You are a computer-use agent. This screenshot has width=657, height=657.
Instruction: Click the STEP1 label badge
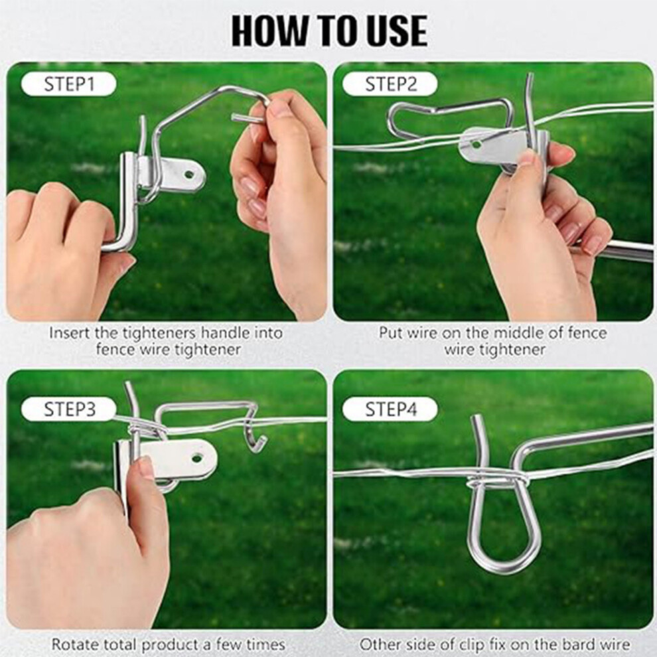tap(68, 84)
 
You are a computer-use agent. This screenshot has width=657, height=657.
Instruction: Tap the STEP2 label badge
tap(390, 84)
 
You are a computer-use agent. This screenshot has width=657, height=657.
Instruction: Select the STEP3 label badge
tap(68, 409)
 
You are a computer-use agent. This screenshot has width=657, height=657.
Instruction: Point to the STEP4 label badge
tap(390, 409)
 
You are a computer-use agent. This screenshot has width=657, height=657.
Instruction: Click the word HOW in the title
tap(269, 31)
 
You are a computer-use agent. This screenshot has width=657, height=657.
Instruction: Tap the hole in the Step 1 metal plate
tap(190, 173)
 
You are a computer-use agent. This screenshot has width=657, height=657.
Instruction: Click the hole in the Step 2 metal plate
tap(476, 145)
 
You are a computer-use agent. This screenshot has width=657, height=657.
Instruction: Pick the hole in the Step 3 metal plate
tap(197, 458)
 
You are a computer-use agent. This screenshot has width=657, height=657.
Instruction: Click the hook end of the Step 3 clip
tap(256, 444)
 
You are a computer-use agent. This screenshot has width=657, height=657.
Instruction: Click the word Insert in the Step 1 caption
tap(70, 334)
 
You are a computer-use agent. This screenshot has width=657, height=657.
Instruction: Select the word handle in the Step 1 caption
tap(226, 333)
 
